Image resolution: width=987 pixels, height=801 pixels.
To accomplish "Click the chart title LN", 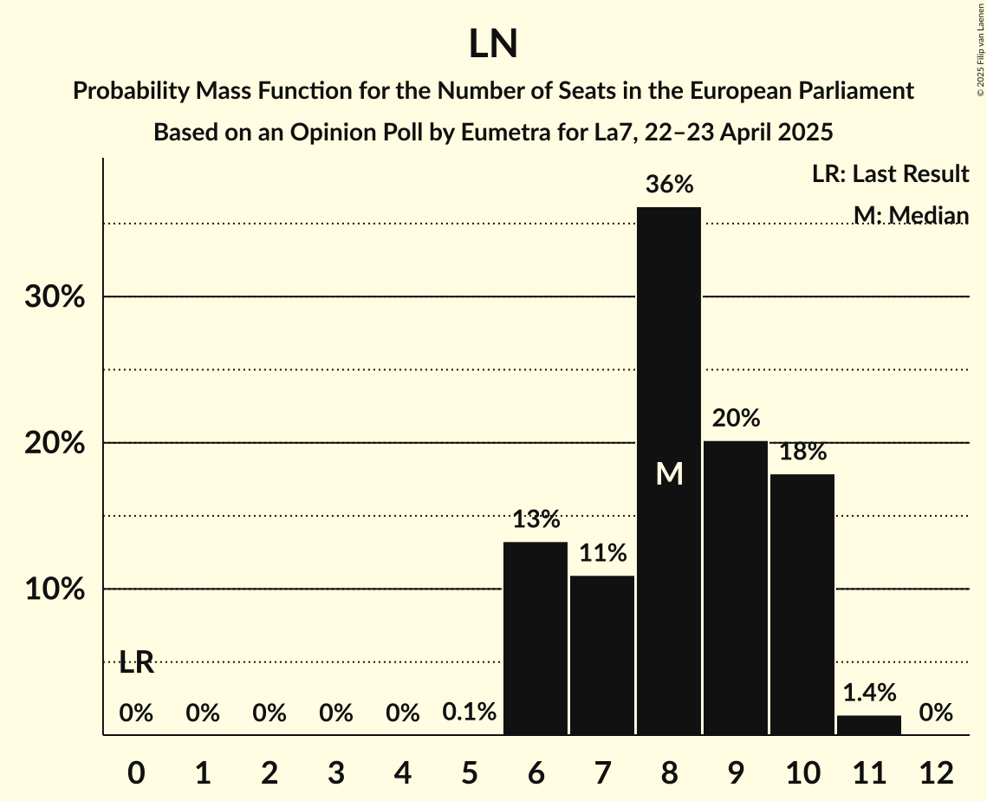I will (x=493, y=44).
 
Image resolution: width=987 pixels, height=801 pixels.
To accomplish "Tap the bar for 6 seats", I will (x=536, y=638).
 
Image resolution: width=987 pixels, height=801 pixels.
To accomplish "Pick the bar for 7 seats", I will (x=602, y=654).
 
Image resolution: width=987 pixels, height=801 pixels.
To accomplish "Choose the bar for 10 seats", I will (x=802, y=604).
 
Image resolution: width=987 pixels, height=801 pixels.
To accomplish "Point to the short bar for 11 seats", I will (x=869, y=725).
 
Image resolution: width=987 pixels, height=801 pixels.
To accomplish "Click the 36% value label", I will (x=669, y=185).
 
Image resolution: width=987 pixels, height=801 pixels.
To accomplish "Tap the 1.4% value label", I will (x=869, y=693).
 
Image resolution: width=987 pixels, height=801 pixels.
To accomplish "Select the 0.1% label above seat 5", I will (x=469, y=713).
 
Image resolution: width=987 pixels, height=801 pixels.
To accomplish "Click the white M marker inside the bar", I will (x=669, y=473).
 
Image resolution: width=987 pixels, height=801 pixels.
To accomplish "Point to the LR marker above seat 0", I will (x=136, y=663).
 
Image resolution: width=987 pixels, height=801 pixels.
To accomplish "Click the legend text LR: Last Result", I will (x=890, y=174).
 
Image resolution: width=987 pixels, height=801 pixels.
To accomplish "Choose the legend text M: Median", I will (x=910, y=215).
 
